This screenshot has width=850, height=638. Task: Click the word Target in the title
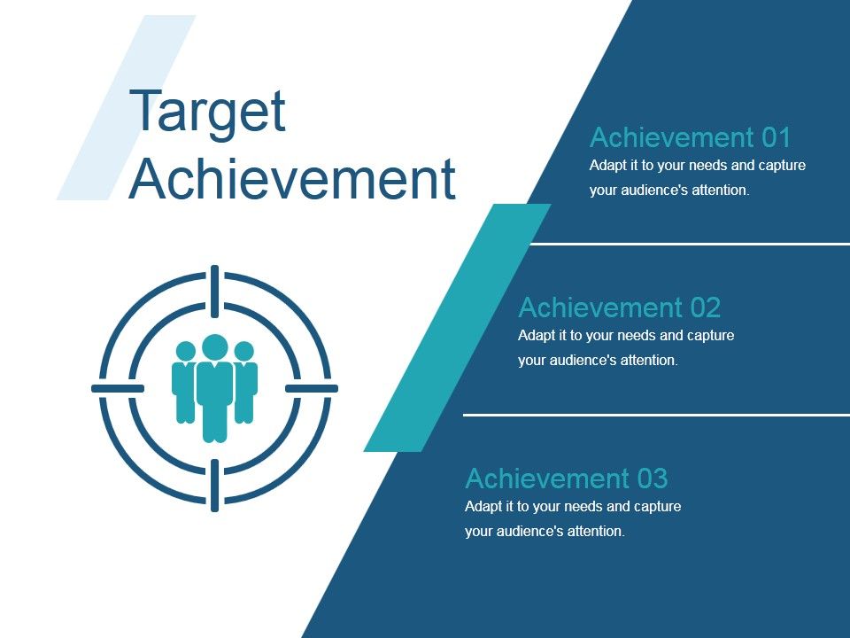[x=208, y=113]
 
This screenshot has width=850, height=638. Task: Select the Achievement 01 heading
[x=690, y=137]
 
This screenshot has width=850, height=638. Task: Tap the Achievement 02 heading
[x=619, y=307]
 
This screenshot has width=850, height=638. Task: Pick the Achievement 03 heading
[x=566, y=478]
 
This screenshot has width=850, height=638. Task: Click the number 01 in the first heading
[x=776, y=137]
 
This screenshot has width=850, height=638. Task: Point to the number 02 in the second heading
[x=705, y=307]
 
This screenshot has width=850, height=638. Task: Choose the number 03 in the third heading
[x=652, y=478]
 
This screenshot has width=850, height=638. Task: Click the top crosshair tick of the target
[x=215, y=291]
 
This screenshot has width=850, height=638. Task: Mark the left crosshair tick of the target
[x=118, y=388]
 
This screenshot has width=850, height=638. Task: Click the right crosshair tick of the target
[x=312, y=388]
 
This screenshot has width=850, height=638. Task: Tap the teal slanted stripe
[x=456, y=328]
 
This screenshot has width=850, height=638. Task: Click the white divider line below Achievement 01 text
[x=691, y=243]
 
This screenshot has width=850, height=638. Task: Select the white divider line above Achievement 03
[x=655, y=414]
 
